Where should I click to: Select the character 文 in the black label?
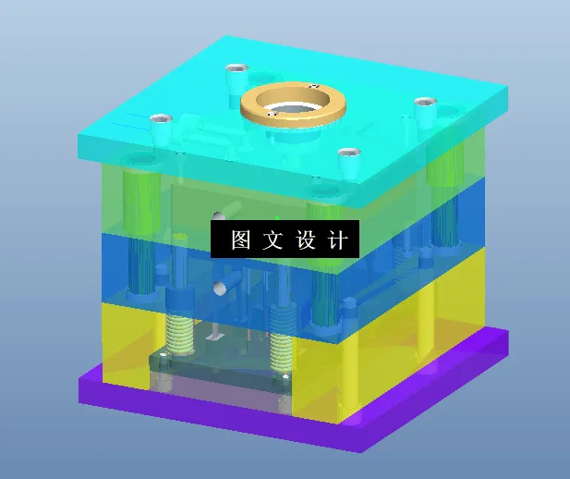[273, 240]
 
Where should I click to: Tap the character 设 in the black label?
[307, 240]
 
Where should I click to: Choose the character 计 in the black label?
[338, 240]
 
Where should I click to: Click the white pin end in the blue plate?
[221, 289]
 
